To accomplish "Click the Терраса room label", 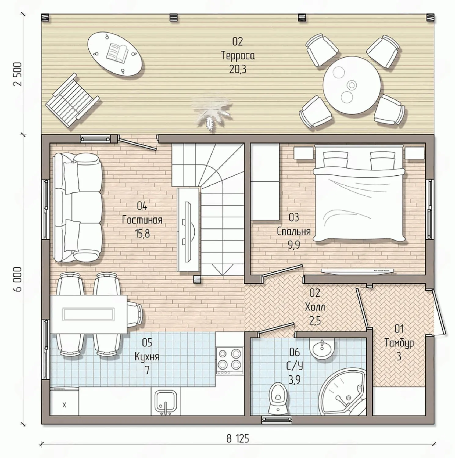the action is [x=238, y=56].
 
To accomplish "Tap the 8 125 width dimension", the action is [x=238, y=439].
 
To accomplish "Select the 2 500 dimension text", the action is [x=18, y=74].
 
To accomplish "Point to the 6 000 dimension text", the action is [x=18, y=279].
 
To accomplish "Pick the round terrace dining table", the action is [x=352, y=85].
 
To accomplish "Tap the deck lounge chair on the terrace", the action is [x=72, y=99].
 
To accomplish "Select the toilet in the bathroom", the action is [x=277, y=398].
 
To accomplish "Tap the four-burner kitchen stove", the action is [x=229, y=360].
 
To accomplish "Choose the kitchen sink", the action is [x=165, y=402].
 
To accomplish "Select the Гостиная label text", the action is [x=142, y=220].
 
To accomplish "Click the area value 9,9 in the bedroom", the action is [x=294, y=245].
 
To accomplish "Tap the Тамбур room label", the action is [x=399, y=343].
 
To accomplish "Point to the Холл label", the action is [x=315, y=307].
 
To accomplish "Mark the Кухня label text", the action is [x=147, y=356].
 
